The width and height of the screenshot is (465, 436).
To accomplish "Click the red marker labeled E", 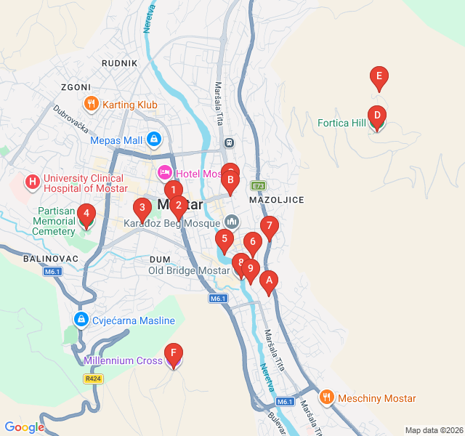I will [378, 76].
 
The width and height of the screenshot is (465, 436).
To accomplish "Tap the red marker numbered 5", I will [225, 239].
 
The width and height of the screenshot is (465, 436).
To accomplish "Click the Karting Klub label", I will [129, 105].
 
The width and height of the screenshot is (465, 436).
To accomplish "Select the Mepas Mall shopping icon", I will [154, 139].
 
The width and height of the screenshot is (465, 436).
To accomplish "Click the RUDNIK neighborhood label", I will [120, 63].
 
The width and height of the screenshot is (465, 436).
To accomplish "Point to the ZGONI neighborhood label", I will [76, 86].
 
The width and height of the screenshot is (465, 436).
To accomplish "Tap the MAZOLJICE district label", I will [276, 199].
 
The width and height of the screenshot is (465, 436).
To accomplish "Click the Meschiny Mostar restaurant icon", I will [326, 398].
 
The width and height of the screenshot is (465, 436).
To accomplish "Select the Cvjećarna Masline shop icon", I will [81, 320].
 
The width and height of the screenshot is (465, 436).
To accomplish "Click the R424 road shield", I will [92, 379].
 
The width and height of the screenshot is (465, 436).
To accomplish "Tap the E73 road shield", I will [259, 185].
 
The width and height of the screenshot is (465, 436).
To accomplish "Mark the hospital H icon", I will [32, 179].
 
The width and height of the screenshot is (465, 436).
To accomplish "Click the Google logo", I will [24, 427].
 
